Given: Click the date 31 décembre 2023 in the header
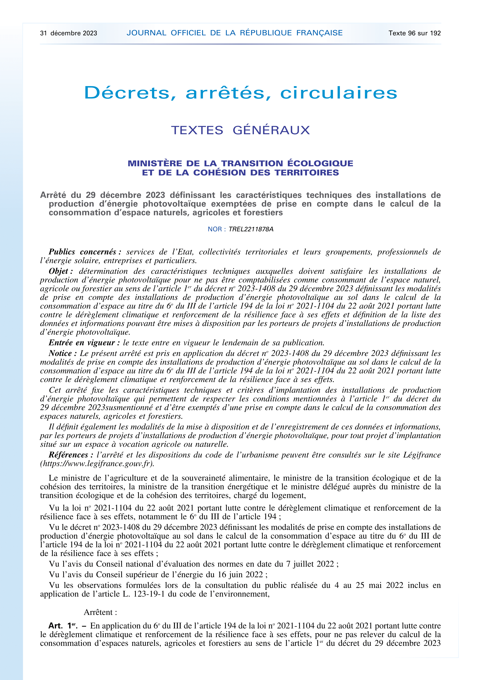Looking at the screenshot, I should coord(68,33).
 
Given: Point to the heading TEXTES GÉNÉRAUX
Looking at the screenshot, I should coord(240,130).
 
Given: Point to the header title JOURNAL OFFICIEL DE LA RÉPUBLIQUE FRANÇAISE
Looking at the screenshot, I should coord(234,33).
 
